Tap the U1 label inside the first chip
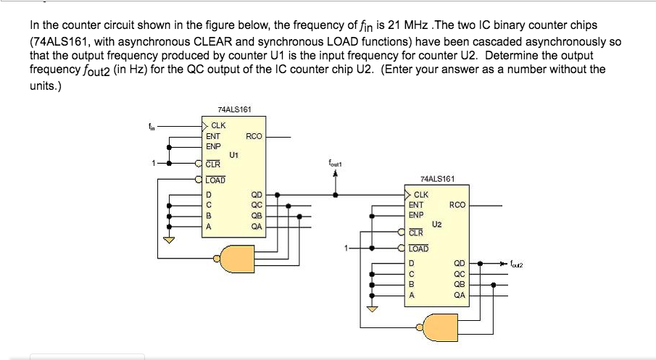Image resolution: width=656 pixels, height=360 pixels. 233,154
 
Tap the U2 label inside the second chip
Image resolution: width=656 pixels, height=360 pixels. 436,224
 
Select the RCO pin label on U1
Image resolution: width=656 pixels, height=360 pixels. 254,135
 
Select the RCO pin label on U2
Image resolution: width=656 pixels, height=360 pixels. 457,205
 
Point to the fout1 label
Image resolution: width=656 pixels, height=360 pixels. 334,164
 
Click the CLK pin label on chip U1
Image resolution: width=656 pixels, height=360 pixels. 217,126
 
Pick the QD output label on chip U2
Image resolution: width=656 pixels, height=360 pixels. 459,264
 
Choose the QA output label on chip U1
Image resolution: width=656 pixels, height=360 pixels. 256,225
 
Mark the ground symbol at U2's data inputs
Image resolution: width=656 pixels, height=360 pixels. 373,309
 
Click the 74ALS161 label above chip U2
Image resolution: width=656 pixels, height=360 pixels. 438,178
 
